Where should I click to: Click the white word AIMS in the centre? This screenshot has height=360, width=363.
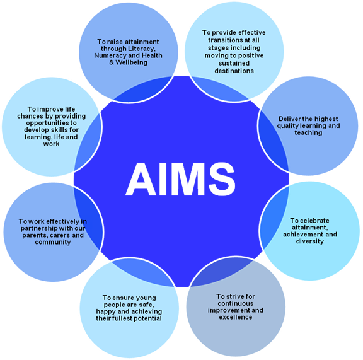180,179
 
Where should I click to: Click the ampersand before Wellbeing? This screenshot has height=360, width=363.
112,62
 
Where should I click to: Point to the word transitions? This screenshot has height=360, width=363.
224,40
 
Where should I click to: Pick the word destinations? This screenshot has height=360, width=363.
234,71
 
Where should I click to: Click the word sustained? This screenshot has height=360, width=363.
234,63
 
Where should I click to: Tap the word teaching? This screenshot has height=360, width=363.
308,133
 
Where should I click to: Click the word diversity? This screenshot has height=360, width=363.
310,241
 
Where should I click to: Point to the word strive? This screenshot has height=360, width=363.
236,296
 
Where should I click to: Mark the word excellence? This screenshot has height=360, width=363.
236,317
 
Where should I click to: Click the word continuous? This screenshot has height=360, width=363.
236,303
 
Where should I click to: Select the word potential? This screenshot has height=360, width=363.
148,318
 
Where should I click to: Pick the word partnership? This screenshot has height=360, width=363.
39,229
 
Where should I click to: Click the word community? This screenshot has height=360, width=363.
53,242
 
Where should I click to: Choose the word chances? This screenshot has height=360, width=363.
30,116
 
